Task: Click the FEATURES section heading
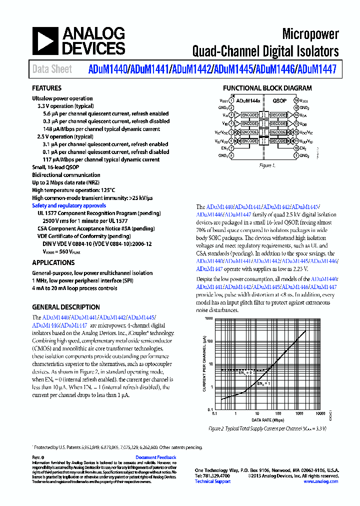(x=47, y=88)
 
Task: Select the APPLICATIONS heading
(x=53, y=262)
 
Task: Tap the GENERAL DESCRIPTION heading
(x=66, y=307)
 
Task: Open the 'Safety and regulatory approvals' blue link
(x=69, y=205)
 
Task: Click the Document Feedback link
(x=156, y=457)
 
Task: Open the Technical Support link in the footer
(x=212, y=481)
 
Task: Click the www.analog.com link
(x=321, y=481)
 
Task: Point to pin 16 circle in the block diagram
(x=296, y=100)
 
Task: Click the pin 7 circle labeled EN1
(x=231, y=148)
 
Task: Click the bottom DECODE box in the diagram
(x=278, y=141)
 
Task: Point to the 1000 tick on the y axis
(x=209, y=318)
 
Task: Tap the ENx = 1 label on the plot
(x=263, y=383)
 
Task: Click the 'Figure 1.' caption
(x=267, y=165)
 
